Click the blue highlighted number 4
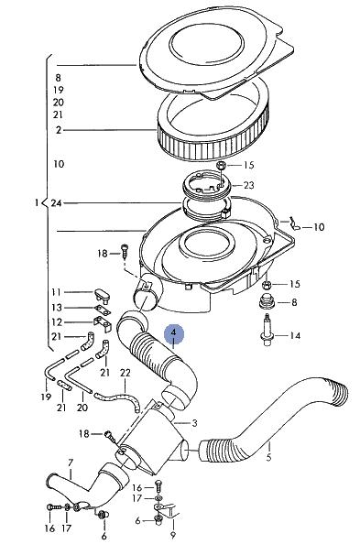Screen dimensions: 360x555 pos(173,333)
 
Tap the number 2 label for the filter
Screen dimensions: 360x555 pos(59,130)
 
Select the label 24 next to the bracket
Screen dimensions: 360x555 pos(56,203)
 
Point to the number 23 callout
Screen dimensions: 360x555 pos(249,185)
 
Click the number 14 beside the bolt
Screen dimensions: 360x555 pos(295,335)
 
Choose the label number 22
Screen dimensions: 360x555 pos(125,373)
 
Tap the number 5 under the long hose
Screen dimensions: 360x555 pos(269,457)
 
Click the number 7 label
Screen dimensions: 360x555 pos(71,462)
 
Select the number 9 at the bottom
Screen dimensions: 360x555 pos(173,535)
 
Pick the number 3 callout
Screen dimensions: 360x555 pos(194,422)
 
